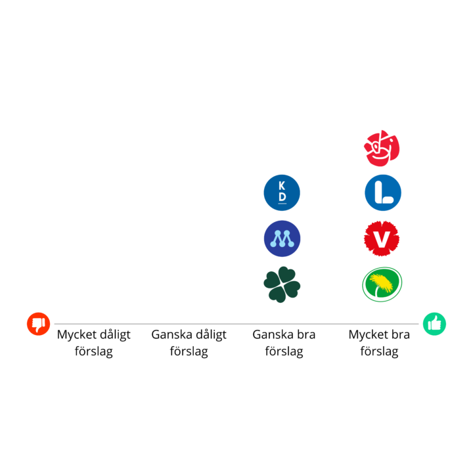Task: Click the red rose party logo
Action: point(382,148)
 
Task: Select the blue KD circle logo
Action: point(282,192)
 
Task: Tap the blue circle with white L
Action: point(383,192)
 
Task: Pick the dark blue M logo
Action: point(282,238)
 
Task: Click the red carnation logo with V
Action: point(382,238)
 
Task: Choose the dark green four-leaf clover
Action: point(282,284)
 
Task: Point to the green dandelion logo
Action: point(382,284)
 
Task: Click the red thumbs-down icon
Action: point(38,324)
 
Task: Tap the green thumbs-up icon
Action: point(434,324)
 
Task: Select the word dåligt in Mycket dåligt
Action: point(115,335)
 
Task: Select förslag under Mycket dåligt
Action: point(94,351)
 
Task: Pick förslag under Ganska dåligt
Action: point(189,351)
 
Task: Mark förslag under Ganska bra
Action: point(284,351)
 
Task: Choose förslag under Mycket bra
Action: point(379,351)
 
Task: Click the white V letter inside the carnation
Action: point(382,239)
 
